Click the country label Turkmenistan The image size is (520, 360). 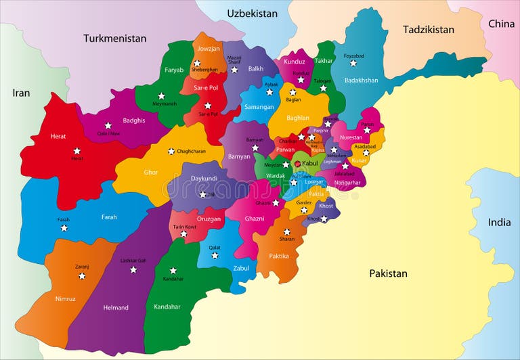click(114, 39)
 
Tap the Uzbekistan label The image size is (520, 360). click(252, 14)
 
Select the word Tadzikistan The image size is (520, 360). click(428, 30)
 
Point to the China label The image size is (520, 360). click(501, 24)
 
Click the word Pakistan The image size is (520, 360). click(388, 273)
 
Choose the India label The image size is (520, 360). click(500, 222)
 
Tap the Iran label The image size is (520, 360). click(21, 93)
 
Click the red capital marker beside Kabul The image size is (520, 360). click(297, 164)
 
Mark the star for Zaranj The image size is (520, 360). click(82, 276)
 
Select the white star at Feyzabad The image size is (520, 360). click(353, 63)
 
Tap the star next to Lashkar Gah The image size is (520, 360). click(133, 269)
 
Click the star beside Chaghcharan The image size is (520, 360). click(171, 151)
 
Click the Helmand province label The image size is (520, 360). click(116, 308)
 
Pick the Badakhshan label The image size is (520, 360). click(361, 81)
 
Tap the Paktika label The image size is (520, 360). click(279, 256)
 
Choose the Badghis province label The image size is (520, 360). click(134, 120)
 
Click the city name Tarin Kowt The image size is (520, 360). click(183, 227)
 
